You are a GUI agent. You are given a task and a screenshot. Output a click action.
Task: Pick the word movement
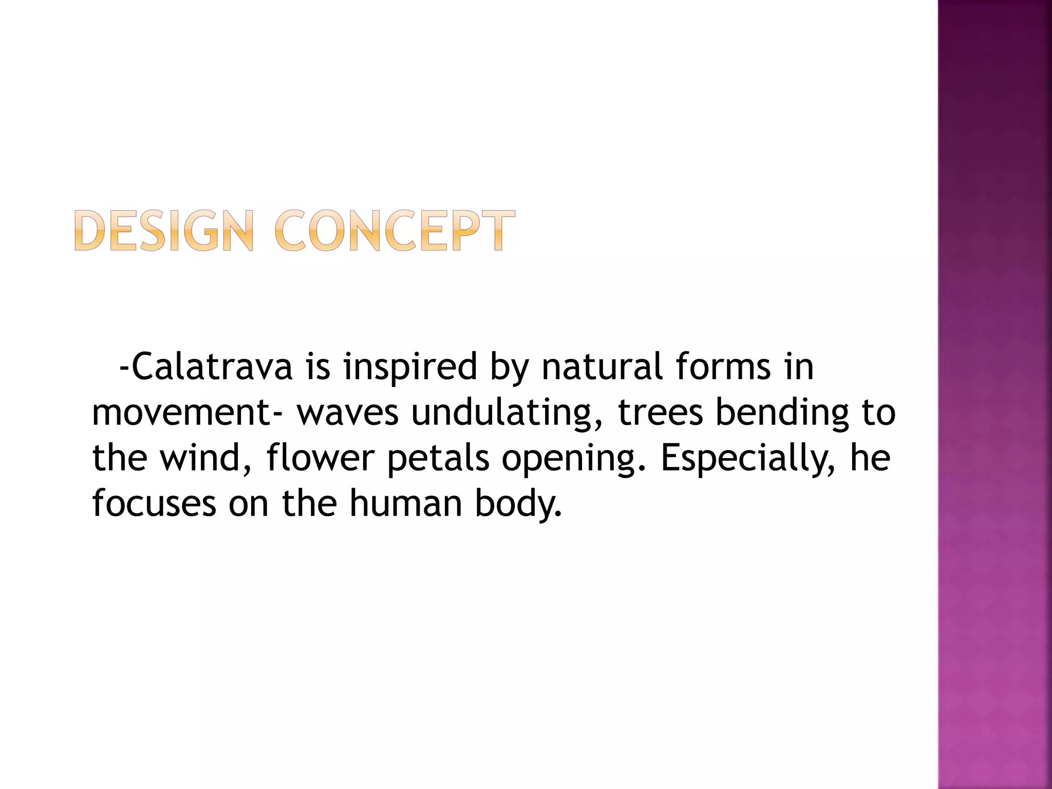pyautogui.click(x=181, y=412)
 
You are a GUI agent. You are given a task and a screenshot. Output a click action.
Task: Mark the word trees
pyautogui.click(x=660, y=412)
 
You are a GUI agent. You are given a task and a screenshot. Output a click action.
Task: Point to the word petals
pyautogui.click(x=438, y=458)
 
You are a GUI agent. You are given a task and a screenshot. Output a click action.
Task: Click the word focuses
pyautogui.click(x=154, y=503)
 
